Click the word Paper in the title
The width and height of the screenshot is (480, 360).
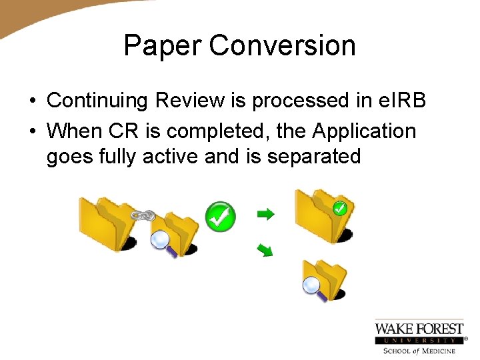click(163, 46)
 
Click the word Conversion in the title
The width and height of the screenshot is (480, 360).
click(282, 46)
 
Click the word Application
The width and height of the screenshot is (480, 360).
click(365, 131)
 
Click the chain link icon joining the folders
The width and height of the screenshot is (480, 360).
click(143, 215)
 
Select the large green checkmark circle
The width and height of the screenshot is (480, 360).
click(220, 217)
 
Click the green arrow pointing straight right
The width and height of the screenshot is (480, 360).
click(265, 214)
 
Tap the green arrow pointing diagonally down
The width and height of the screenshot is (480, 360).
click(265, 251)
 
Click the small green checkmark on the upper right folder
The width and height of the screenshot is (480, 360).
click(339, 209)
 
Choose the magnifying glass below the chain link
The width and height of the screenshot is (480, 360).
click(162, 241)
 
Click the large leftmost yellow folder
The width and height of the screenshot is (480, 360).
click(103, 223)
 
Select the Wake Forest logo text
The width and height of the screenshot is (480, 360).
click(419, 328)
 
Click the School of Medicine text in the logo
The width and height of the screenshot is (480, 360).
click(419, 351)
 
